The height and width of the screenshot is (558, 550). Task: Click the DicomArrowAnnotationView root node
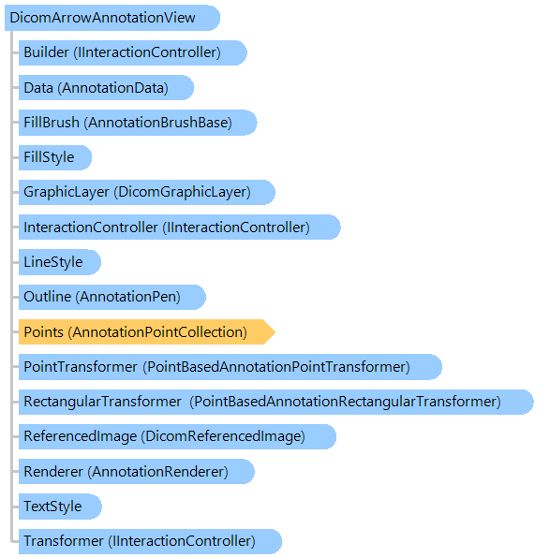[x=112, y=18]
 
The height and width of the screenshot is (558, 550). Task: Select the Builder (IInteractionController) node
[x=132, y=52]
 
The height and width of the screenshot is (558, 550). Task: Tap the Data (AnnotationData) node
[x=106, y=88]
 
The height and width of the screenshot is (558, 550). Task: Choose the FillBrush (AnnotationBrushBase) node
[x=138, y=123]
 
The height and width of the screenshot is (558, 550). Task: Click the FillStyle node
[x=55, y=157]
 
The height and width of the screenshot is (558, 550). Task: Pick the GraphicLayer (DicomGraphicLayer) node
[x=147, y=192]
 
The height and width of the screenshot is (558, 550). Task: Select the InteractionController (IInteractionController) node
[x=180, y=228]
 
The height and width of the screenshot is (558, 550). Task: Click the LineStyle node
[x=60, y=262]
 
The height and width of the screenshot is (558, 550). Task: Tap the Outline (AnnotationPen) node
[x=112, y=297]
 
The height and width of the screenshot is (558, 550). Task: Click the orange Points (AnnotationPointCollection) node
[x=147, y=332]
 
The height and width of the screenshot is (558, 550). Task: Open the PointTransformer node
[x=230, y=367]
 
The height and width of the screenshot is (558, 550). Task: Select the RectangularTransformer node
[x=276, y=402]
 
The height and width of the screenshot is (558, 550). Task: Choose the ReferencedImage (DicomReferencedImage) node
[x=177, y=436]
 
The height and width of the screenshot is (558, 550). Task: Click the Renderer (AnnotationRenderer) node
[x=137, y=472]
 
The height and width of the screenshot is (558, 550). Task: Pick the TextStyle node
[x=60, y=507]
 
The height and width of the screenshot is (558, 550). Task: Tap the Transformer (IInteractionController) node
[x=150, y=541]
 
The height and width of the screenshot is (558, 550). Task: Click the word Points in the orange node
[x=43, y=332]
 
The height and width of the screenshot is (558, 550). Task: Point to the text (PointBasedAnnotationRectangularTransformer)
[x=345, y=402]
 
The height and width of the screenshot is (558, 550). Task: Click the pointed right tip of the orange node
[x=275, y=332]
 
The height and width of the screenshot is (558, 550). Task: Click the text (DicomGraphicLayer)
[x=183, y=192]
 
